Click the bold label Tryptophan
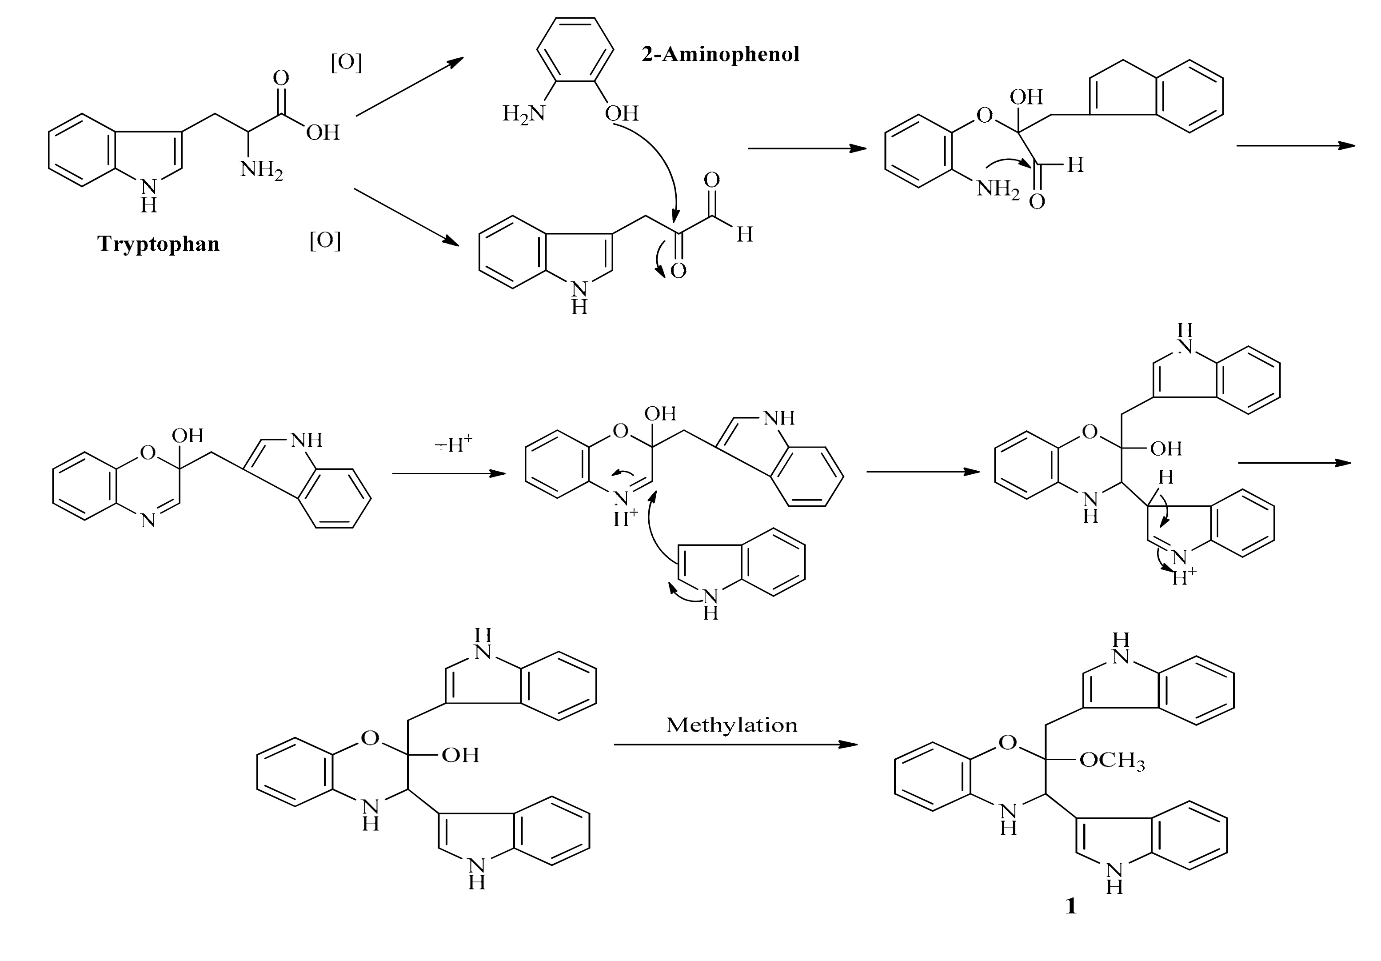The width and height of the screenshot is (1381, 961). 158,244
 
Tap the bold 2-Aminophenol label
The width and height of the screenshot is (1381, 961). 720,55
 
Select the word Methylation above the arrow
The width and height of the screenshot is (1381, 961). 731,725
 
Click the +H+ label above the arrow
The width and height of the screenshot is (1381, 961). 453,444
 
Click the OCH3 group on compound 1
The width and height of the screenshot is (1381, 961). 1112,761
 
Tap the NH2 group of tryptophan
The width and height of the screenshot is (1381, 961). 261,170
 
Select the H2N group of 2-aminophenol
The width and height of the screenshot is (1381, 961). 523,113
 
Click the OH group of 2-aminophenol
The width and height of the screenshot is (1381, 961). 621,113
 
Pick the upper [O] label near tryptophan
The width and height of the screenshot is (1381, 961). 347,63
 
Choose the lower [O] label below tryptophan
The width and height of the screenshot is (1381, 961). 325,241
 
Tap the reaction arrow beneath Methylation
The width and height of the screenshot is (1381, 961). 735,745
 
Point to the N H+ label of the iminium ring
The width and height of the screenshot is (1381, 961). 623,509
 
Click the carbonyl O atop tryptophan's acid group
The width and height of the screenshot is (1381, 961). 281,78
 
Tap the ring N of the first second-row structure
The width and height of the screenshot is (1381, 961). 148,520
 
